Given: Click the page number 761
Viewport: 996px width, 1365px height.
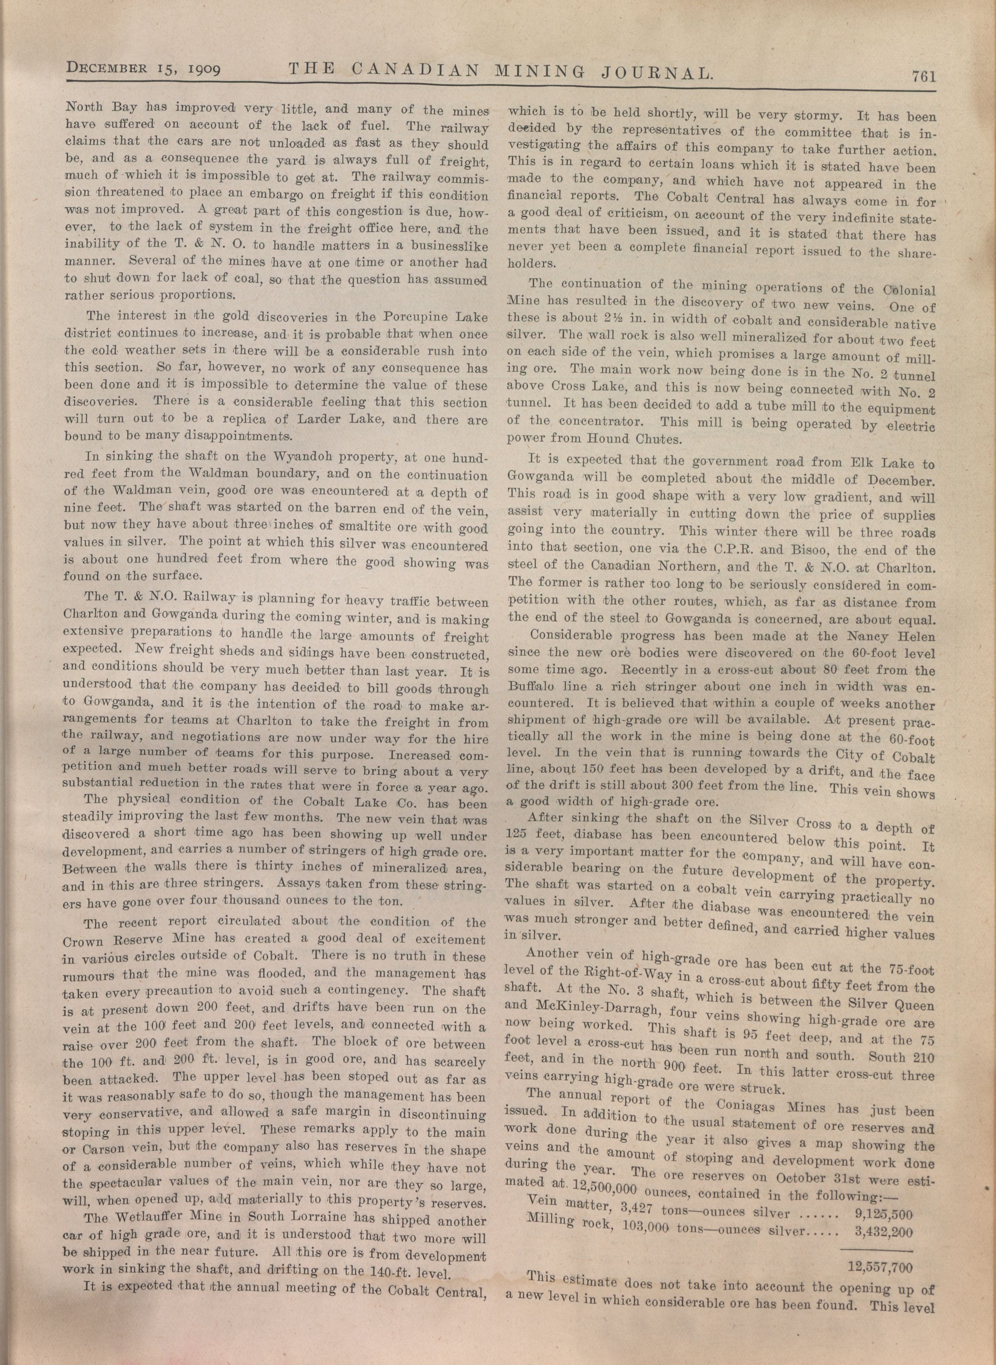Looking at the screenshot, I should tap(922, 77).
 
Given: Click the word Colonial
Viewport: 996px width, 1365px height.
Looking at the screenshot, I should tap(906, 289).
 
